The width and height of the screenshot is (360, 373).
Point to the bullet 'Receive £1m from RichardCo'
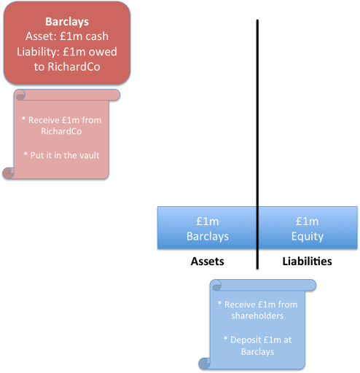pos(62,125)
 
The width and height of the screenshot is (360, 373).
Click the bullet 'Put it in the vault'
pos(61,154)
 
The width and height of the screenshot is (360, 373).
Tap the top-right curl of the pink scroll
pos(115,95)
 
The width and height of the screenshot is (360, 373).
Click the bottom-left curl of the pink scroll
pos(9,173)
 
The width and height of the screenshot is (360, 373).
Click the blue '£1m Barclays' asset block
pos(207,229)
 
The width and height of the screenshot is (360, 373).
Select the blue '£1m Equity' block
pos(307,229)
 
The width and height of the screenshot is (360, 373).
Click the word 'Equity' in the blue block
pos(307,237)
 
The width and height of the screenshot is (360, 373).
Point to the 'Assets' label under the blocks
pos(207,261)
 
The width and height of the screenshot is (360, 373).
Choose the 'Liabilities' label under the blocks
pos(307,261)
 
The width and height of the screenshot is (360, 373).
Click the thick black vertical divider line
pos(257,109)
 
